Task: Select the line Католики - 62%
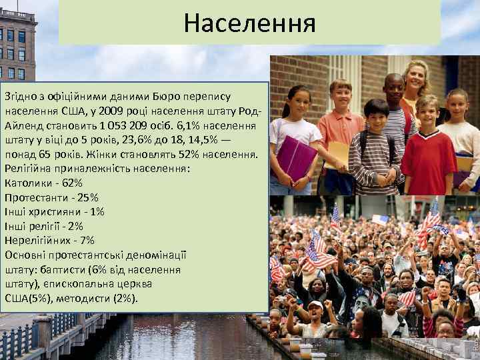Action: (43, 183)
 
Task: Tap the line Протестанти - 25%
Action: (51, 197)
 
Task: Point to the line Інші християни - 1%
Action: (54, 211)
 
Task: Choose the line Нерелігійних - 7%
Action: (49, 240)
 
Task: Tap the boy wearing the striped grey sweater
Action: (375, 150)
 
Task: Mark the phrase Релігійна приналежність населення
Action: (97, 169)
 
